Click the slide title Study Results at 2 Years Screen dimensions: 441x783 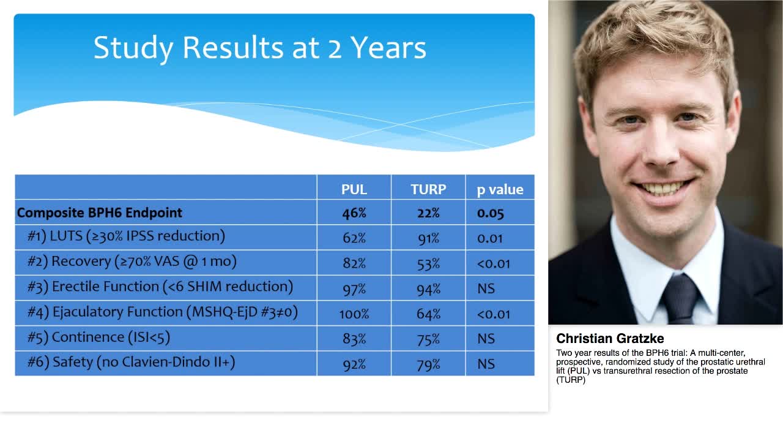pyautogui.click(x=259, y=48)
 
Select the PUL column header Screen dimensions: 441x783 pyautogui.click(x=354, y=189)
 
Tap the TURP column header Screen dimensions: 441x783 pyautogui.click(x=428, y=189)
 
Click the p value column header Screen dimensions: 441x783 pyautogui.click(x=500, y=189)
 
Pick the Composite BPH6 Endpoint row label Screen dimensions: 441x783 pyautogui.click(x=100, y=213)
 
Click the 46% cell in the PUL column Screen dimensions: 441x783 pyautogui.click(x=354, y=213)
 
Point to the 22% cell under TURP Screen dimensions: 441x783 pyautogui.click(x=428, y=213)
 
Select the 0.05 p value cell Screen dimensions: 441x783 pyautogui.click(x=491, y=213)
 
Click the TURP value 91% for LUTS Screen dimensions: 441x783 pyautogui.click(x=428, y=238)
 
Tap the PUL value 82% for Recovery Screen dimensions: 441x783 pyautogui.click(x=354, y=263)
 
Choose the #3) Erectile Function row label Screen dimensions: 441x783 pyautogui.click(x=160, y=287)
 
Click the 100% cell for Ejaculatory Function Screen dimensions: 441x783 pyautogui.click(x=354, y=314)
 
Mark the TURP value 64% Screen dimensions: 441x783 pyautogui.click(x=428, y=314)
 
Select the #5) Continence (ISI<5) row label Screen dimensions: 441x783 pyautogui.click(x=98, y=337)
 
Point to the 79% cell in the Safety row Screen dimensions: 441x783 pyautogui.click(x=428, y=364)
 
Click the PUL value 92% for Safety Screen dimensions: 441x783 pyautogui.click(x=354, y=364)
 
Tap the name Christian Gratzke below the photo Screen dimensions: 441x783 pyautogui.click(x=610, y=339)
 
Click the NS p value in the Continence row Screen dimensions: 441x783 pyautogui.click(x=486, y=339)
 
